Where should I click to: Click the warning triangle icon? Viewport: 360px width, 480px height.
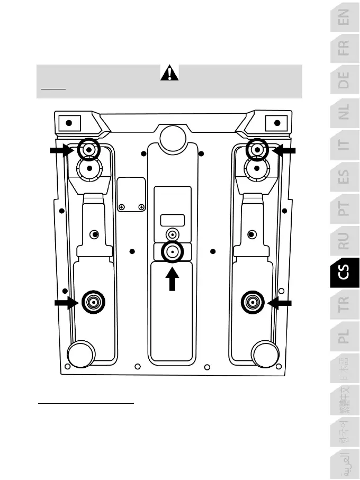[169, 73]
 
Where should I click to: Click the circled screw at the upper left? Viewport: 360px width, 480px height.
[88, 150]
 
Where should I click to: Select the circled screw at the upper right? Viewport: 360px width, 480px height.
[257, 150]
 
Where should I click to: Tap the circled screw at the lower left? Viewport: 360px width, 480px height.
[93, 302]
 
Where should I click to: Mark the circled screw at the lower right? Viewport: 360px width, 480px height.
[253, 302]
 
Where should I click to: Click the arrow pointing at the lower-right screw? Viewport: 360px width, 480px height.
[280, 302]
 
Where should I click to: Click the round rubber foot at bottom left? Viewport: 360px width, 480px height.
[81, 353]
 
